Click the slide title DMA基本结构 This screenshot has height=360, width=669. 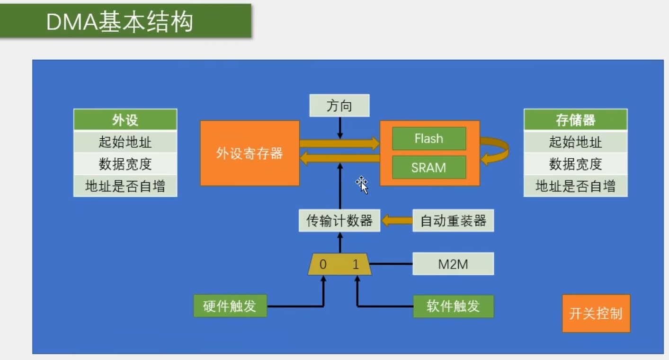120,21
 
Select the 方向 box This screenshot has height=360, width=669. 339,106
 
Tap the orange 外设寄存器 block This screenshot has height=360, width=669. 250,153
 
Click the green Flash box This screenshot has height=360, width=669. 429,139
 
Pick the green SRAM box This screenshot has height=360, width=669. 429,167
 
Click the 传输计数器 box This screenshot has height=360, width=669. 339,220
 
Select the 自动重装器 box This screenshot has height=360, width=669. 453,220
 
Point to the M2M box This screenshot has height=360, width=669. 453,264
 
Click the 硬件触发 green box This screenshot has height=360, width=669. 230,306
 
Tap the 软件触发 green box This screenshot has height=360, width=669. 454,306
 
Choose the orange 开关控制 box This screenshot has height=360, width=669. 596,314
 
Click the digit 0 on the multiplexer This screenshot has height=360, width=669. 323,264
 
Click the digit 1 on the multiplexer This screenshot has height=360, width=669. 356,264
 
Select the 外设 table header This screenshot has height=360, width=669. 125,119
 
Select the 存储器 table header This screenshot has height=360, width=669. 576,119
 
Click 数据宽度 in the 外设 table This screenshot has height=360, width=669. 125,164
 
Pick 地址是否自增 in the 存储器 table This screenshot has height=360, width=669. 576,186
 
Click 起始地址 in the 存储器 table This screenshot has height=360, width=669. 576,142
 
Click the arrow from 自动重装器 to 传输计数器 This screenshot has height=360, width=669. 397,221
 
